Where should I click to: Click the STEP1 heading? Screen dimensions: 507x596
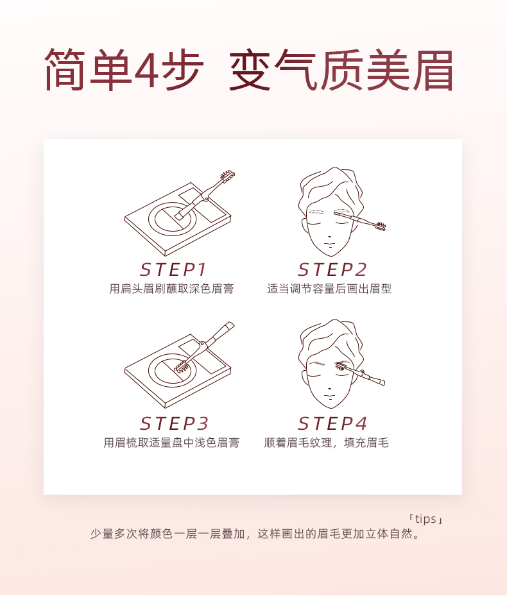(173, 270)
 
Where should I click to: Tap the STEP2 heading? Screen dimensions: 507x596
(332, 270)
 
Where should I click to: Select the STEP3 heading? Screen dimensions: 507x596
(174, 423)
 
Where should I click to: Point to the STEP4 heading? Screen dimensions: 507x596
(332, 423)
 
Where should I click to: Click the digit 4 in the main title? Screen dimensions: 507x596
(145, 70)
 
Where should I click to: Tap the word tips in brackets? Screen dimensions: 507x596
(425, 519)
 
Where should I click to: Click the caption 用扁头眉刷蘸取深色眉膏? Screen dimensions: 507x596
(171, 289)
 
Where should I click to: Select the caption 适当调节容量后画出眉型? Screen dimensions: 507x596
(329, 289)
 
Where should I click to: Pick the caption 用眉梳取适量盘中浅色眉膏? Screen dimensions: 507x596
(171, 443)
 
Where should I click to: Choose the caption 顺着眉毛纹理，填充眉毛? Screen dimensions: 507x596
(326, 443)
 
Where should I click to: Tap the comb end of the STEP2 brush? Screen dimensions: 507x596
(381, 226)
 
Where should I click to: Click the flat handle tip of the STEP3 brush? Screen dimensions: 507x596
(229, 326)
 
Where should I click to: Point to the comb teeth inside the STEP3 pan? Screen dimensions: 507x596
(182, 366)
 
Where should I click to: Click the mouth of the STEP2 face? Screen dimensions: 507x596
(329, 244)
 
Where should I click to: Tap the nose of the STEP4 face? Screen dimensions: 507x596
(329, 387)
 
